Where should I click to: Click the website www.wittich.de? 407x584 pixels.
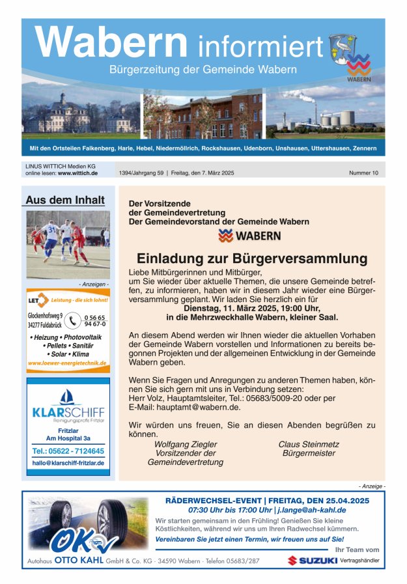(x=77, y=173)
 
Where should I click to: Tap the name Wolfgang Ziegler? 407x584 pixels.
(x=186, y=444)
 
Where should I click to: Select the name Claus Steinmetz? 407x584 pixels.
(x=309, y=444)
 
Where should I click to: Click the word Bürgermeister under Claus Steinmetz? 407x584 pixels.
(x=309, y=453)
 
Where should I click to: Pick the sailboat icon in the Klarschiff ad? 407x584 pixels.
(x=68, y=396)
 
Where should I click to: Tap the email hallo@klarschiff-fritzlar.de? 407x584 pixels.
(x=68, y=463)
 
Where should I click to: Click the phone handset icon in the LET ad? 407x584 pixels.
(x=73, y=320)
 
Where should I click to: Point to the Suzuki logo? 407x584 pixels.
(x=311, y=560)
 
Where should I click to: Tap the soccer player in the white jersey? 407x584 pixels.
(x=51, y=238)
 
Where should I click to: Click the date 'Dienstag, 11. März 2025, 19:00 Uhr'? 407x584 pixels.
(x=251, y=309)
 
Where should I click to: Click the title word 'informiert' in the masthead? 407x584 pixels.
(x=260, y=46)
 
